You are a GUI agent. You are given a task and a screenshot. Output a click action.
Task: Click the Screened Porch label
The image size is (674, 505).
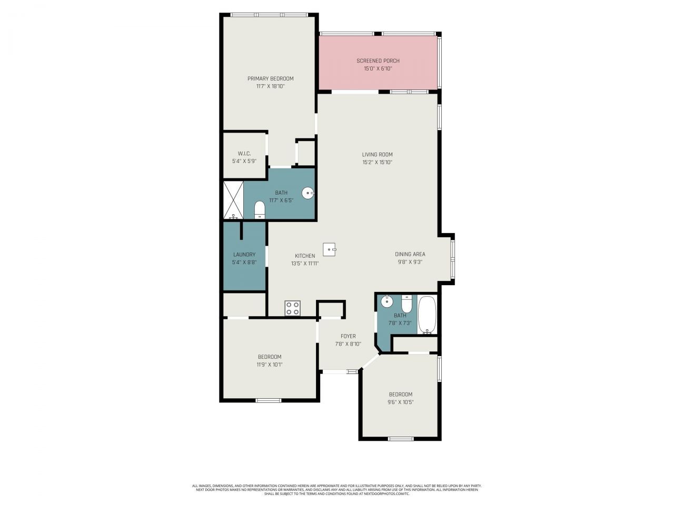(378, 61)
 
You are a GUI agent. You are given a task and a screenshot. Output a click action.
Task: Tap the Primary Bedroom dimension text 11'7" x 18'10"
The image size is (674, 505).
(270, 86)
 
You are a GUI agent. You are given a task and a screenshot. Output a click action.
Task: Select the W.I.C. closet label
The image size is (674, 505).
(244, 154)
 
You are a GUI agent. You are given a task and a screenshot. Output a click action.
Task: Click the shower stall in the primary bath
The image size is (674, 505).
(233, 200)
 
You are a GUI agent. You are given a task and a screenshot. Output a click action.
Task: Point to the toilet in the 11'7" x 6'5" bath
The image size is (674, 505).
(260, 210)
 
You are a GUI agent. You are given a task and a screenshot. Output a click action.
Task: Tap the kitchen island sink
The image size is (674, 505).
(330, 248)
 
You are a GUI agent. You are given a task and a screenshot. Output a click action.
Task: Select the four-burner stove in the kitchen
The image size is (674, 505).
(292, 308)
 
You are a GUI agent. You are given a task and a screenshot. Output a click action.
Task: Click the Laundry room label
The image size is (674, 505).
(244, 255)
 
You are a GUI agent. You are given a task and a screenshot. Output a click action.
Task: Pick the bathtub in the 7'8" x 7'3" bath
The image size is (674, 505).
(427, 315)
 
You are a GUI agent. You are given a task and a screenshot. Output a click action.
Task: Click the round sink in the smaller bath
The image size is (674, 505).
(386, 301)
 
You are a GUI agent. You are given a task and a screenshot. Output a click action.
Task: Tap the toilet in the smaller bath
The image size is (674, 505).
(407, 304)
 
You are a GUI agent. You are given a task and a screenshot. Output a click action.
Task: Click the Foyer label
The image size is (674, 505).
(348, 336)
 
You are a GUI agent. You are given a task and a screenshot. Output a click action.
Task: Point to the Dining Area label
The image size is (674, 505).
(410, 254)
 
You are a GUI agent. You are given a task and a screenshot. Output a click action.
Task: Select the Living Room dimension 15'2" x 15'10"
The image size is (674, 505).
(377, 162)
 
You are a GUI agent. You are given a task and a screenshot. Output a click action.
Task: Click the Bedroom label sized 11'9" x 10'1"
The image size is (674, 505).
(270, 357)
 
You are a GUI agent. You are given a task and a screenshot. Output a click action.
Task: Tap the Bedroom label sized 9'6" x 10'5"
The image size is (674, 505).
(400, 395)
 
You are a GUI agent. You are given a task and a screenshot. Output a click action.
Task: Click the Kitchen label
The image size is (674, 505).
(305, 256)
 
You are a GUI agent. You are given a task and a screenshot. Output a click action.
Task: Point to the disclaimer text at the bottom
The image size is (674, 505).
(337, 490)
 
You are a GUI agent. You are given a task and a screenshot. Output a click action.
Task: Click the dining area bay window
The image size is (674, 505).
(453, 259)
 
